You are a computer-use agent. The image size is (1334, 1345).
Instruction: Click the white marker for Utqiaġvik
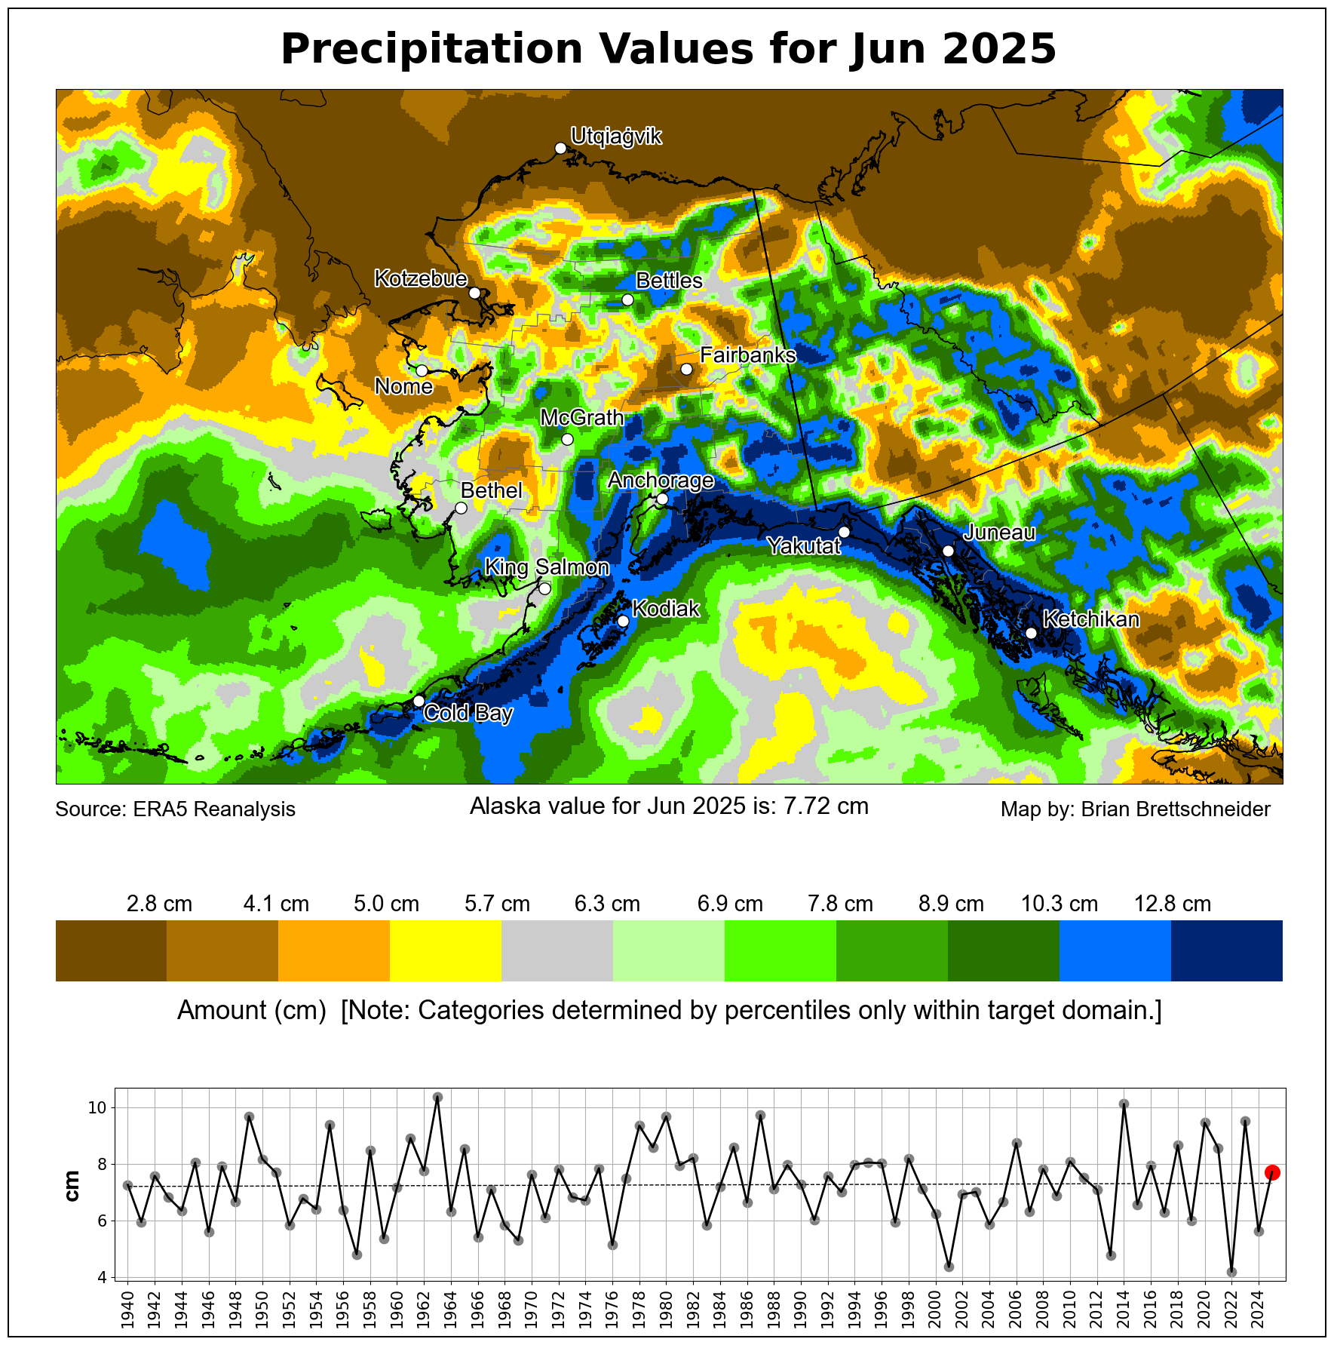(x=560, y=148)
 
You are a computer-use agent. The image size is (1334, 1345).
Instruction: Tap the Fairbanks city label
(x=747, y=355)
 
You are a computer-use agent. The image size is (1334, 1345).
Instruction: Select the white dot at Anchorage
(x=662, y=499)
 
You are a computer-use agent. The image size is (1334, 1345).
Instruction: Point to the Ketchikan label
(x=1090, y=619)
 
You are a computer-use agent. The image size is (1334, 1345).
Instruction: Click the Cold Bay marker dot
(x=419, y=701)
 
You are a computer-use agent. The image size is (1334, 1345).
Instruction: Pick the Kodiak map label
(x=666, y=609)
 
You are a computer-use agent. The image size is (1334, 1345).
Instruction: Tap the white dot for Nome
(x=422, y=370)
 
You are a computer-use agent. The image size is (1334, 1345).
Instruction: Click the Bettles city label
(x=669, y=281)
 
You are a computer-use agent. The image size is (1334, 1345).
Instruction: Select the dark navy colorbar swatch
(x=1226, y=950)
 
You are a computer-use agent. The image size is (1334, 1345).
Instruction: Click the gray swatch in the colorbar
(x=557, y=950)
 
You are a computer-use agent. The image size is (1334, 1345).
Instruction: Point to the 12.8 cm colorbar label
(x=1172, y=904)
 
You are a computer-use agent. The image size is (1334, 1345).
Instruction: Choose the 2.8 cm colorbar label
(x=159, y=904)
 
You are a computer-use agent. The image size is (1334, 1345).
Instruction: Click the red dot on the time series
(x=1272, y=1172)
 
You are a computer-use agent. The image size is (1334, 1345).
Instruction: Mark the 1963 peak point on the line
(x=437, y=1097)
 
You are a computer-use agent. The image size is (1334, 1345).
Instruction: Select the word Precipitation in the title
(x=432, y=50)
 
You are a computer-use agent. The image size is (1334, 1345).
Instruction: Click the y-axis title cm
(x=72, y=1185)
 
